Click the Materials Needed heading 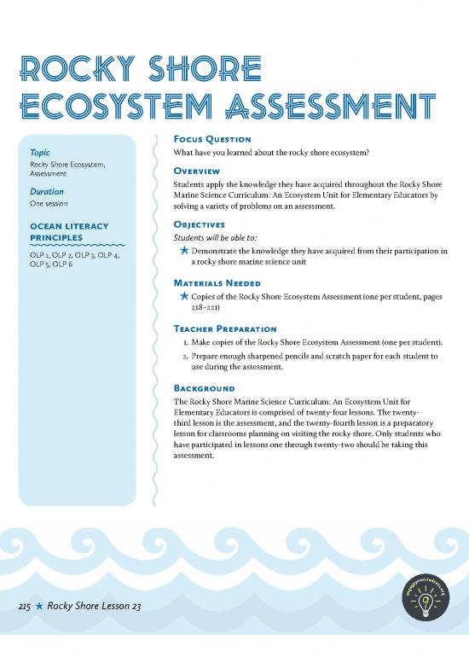[217, 282]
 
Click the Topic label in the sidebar [39, 153]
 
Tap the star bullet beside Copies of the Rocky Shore [183, 296]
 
